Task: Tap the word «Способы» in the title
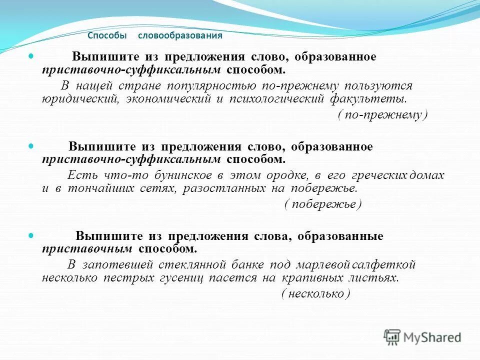(x=107, y=36)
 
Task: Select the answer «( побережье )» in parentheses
(x=323, y=204)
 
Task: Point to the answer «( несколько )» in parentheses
(x=315, y=293)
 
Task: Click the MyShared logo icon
(x=392, y=337)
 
